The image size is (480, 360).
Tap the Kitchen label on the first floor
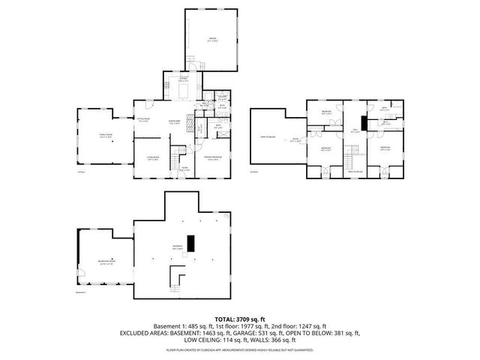(182, 78)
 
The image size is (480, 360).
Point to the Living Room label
(152, 158)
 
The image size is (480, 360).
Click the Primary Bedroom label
(214, 157)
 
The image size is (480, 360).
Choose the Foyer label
(184, 169)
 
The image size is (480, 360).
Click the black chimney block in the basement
(190, 244)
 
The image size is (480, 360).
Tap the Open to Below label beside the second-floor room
(267, 137)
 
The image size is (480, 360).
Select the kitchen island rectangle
(183, 90)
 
